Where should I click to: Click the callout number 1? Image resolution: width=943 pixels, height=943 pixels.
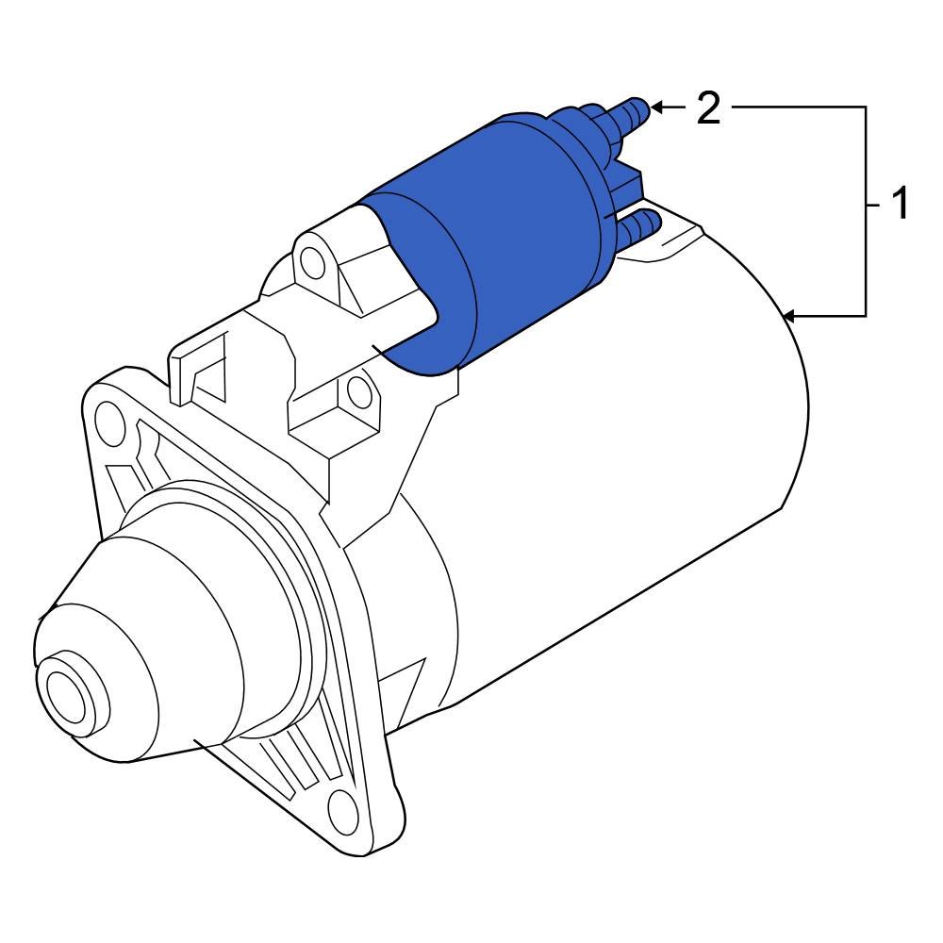(900, 204)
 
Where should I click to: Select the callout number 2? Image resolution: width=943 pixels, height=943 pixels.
(708, 108)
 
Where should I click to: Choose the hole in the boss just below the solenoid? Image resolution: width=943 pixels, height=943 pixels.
(357, 389)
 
